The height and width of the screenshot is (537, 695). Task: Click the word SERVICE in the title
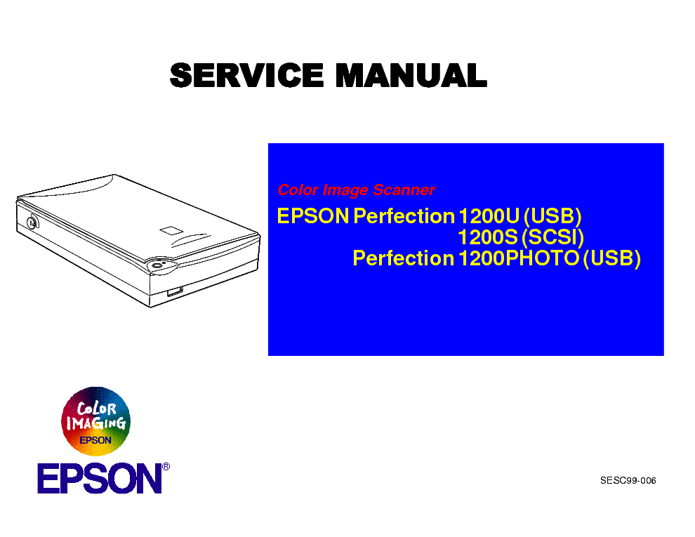pos(246,75)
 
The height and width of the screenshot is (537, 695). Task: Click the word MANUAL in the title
pos(411,75)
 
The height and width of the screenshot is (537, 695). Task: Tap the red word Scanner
pos(404,190)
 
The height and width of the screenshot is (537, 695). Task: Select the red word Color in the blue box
pos(298,190)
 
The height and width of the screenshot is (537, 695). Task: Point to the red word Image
pos(345,190)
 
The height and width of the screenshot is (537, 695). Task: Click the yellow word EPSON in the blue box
pos(313,216)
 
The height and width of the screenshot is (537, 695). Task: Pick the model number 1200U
pos(489,216)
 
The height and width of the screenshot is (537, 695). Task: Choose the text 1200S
pos(488,237)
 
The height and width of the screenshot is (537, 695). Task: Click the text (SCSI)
pos(552,237)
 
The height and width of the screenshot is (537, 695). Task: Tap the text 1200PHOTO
pos(519,258)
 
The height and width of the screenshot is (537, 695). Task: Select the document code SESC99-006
pos(628,481)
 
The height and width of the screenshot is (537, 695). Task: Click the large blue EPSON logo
pos(100,479)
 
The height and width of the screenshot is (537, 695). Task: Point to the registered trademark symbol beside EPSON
pos(166,467)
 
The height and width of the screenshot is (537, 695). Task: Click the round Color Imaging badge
pos(95,421)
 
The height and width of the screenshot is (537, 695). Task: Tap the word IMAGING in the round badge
pos(95,423)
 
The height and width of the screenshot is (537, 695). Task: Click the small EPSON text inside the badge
pos(95,440)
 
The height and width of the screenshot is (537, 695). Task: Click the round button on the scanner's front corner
pos(157,265)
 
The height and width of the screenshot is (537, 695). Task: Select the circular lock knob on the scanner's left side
pos(32,222)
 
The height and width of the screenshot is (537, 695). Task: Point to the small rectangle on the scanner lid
pos(171,230)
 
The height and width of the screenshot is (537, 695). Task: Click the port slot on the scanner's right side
pos(175,291)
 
